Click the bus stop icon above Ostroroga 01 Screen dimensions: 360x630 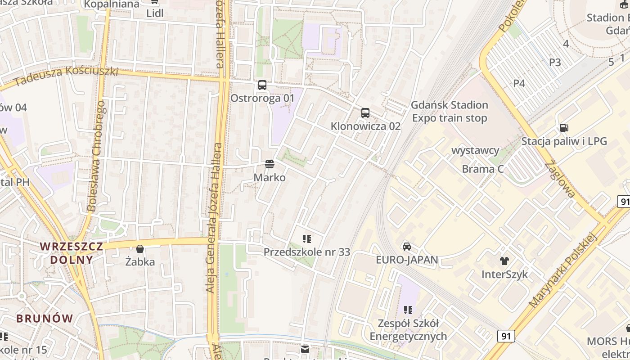coord(262,85)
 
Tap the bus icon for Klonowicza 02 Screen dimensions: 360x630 coord(365,113)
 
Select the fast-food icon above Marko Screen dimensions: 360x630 coord(270,164)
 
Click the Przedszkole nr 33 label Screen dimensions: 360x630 coord(306,252)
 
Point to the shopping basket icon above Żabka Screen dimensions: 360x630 coord(140,249)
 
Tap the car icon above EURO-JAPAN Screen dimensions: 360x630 coord(407,246)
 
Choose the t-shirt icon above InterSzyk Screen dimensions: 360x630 coord(504,261)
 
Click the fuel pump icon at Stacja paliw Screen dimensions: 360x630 coord(564,128)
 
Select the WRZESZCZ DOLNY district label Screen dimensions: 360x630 coord(72,253)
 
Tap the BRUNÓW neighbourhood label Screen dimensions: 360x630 coord(45,319)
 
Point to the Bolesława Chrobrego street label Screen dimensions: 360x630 coord(96,156)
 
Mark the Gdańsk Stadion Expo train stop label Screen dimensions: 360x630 coord(450,112)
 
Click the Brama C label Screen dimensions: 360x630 coord(483,169)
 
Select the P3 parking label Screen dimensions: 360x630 coord(555,63)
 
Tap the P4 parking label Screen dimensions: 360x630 coord(519,83)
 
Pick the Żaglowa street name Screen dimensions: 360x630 coord(560,180)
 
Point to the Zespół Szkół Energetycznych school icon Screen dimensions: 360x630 coord(408,310)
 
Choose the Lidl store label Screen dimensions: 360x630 coord(155,13)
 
